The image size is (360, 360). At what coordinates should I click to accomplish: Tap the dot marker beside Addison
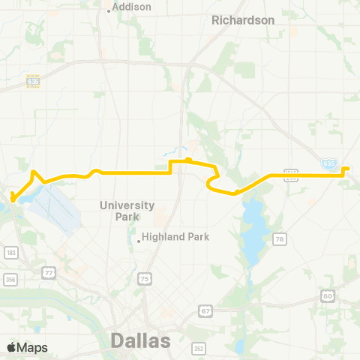[109, 10]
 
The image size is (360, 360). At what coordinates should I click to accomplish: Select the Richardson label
[243, 20]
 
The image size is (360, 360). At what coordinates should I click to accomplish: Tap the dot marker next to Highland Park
[139, 241]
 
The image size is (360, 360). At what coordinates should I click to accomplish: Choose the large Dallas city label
[140, 340]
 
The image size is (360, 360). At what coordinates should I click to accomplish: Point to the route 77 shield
[48, 272]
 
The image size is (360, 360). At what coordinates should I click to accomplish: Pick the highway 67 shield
[205, 310]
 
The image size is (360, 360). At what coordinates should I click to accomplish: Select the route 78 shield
[280, 239]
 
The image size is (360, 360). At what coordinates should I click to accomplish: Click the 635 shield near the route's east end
[328, 162]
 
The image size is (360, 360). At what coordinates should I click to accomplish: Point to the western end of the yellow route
[12, 199]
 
